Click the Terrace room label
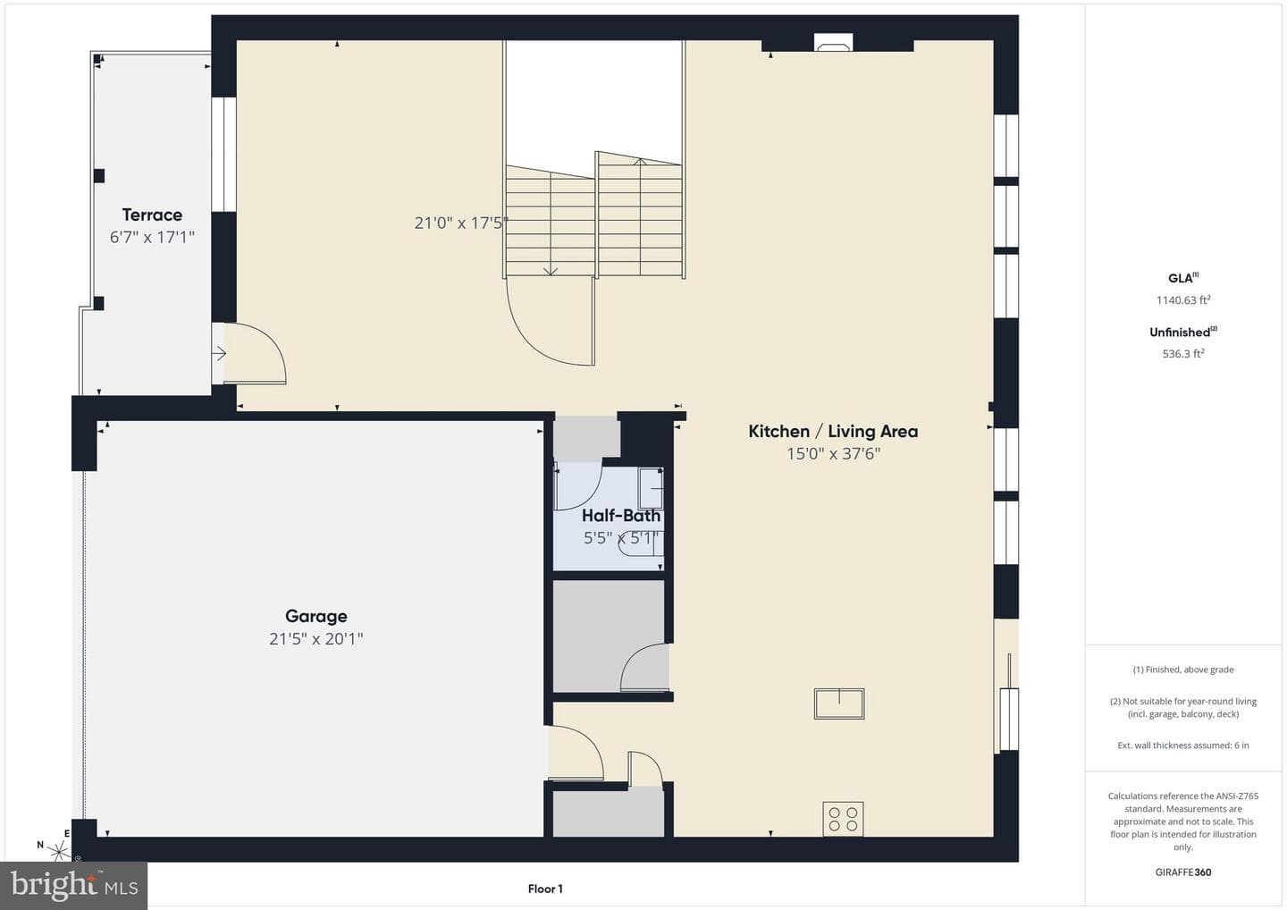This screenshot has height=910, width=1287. pyautogui.click(x=152, y=215)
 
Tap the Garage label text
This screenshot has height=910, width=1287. pyautogui.click(x=316, y=617)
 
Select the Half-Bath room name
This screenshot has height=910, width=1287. pyautogui.click(x=621, y=515)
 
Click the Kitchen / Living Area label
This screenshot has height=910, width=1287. pyautogui.click(x=833, y=432)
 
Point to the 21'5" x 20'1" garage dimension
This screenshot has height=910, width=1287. pyautogui.click(x=316, y=639)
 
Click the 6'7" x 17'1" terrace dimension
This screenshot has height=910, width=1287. pyautogui.click(x=152, y=237)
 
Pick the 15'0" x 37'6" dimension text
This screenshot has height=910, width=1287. pyautogui.click(x=833, y=454)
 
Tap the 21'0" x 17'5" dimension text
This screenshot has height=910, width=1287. pyautogui.click(x=461, y=223)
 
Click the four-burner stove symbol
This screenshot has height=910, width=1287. pyautogui.click(x=843, y=819)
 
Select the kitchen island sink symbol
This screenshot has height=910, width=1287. pyautogui.click(x=839, y=704)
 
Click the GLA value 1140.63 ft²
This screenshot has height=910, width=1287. pyautogui.click(x=1183, y=299)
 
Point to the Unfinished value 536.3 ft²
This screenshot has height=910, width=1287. pyautogui.click(x=1183, y=353)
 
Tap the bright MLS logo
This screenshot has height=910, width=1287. pyautogui.click(x=73, y=885)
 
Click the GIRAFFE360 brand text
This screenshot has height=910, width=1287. pyautogui.click(x=1183, y=872)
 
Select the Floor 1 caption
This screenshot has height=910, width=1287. pyautogui.click(x=545, y=889)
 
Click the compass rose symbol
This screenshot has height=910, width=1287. pyautogui.click(x=58, y=850)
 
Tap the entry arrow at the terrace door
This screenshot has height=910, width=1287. pyautogui.click(x=219, y=353)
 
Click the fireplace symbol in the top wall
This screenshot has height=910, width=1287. pyautogui.click(x=833, y=44)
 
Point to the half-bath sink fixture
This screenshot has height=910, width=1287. pyautogui.click(x=651, y=488)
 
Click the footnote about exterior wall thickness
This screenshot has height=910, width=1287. pyautogui.click(x=1183, y=746)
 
